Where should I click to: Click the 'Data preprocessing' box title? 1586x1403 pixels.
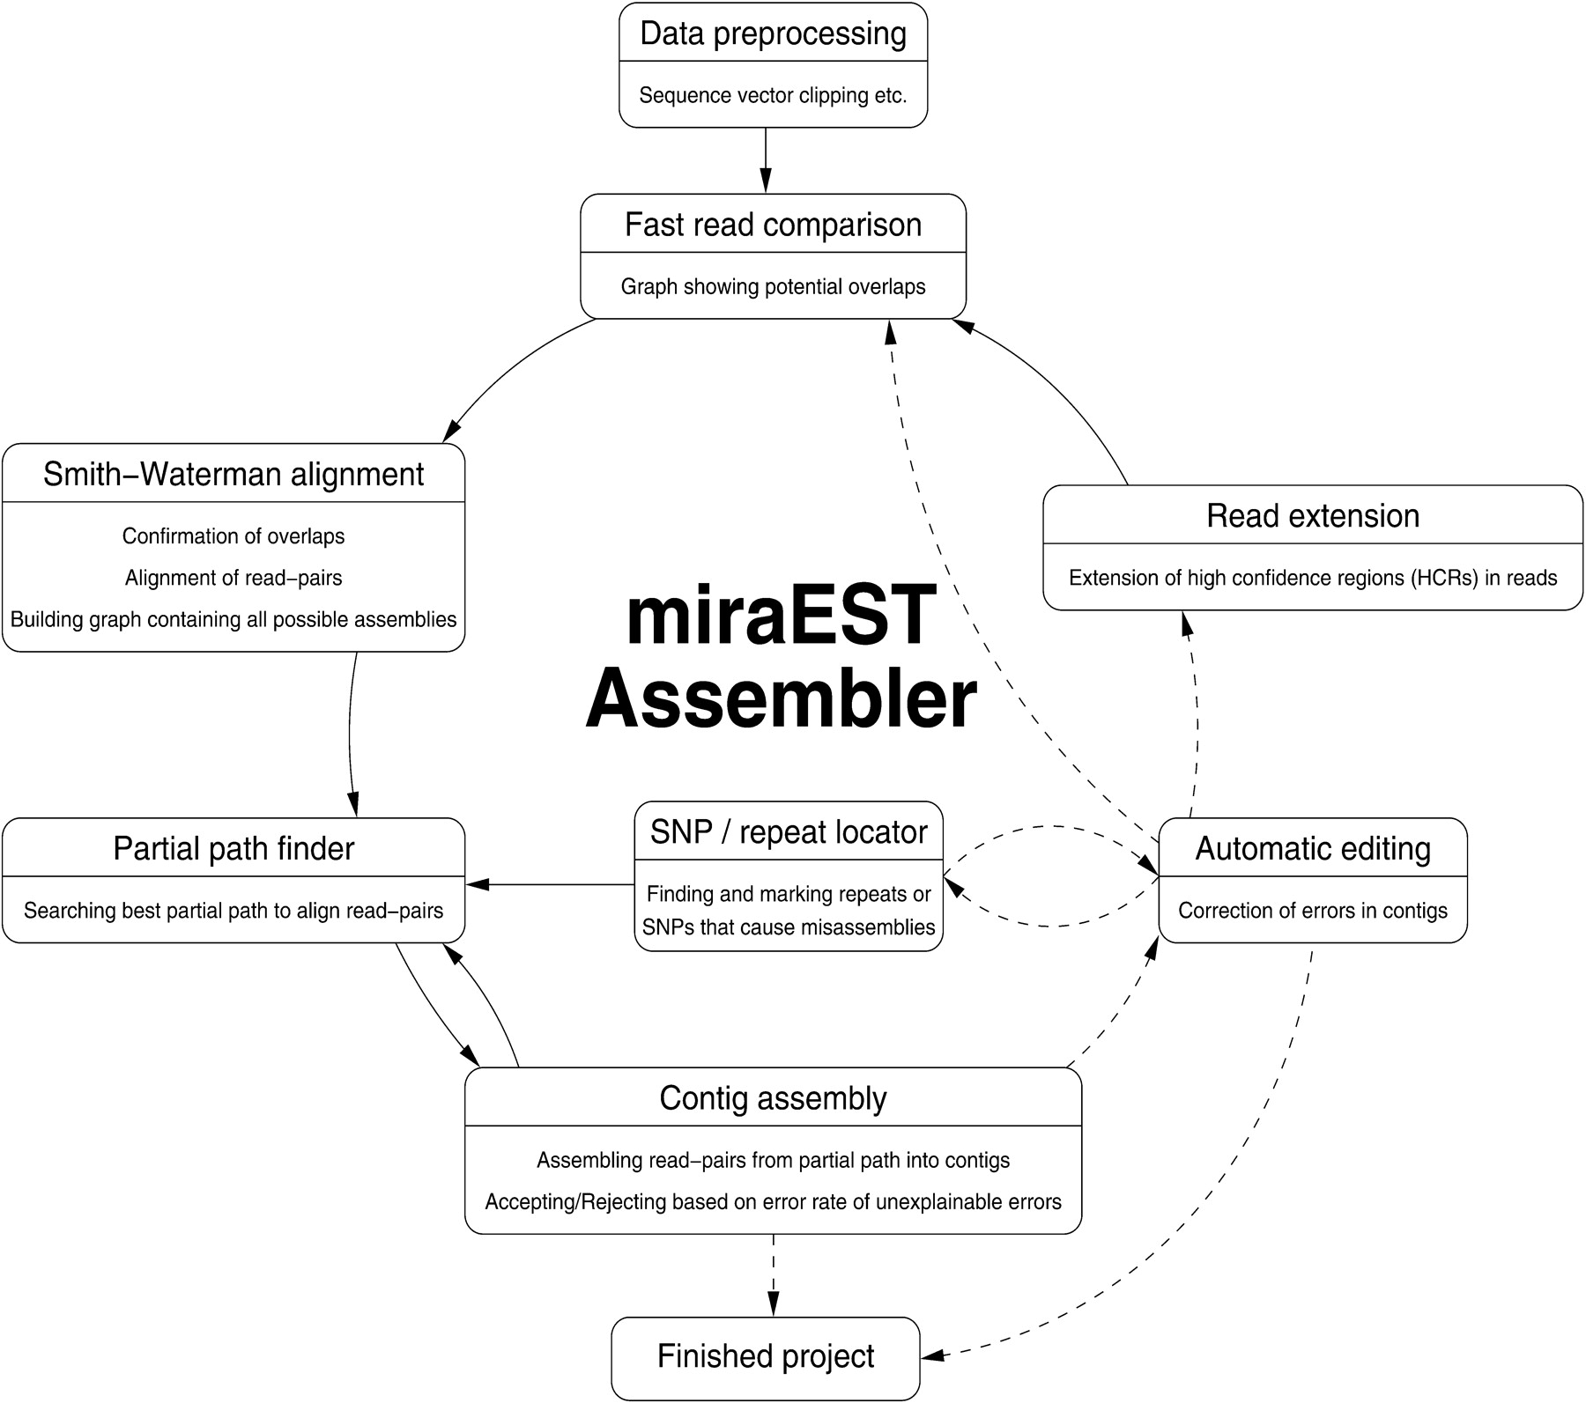point(773,33)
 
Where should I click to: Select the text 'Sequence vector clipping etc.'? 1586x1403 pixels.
point(773,95)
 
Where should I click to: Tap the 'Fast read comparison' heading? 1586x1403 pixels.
point(773,225)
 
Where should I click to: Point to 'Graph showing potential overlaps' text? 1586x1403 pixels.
point(773,287)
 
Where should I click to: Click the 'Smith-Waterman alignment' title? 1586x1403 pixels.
point(233,475)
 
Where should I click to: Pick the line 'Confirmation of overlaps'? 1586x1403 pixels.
point(233,536)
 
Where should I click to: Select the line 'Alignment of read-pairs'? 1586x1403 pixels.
point(233,578)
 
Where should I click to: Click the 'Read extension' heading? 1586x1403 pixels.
point(1313,516)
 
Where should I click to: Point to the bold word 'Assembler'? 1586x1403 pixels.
point(781,699)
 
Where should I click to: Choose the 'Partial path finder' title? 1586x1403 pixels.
point(233,849)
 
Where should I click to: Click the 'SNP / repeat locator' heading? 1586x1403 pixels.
point(789,832)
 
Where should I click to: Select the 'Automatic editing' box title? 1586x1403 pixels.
point(1313,849)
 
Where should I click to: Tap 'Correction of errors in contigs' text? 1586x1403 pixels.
point(1313,911)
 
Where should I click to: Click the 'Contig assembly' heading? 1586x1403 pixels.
point(773,1098)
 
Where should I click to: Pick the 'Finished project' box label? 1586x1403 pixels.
point(766,1356)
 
